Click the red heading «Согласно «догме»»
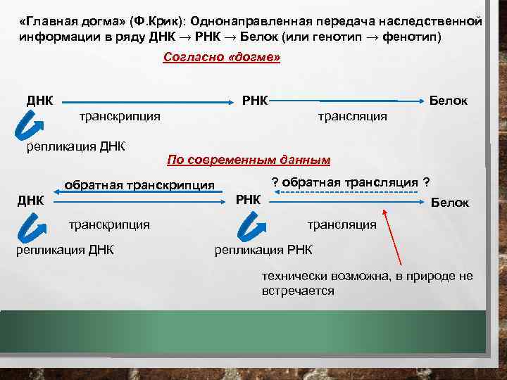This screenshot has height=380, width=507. coord(221,58)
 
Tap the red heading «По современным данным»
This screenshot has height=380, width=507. coord(248,160)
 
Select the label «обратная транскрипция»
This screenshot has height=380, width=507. coord(139,185)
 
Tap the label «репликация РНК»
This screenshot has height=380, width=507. coord(263,250)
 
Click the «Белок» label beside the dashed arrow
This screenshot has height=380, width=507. coord(449,203)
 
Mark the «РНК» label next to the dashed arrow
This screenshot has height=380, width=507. coord(248,200)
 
